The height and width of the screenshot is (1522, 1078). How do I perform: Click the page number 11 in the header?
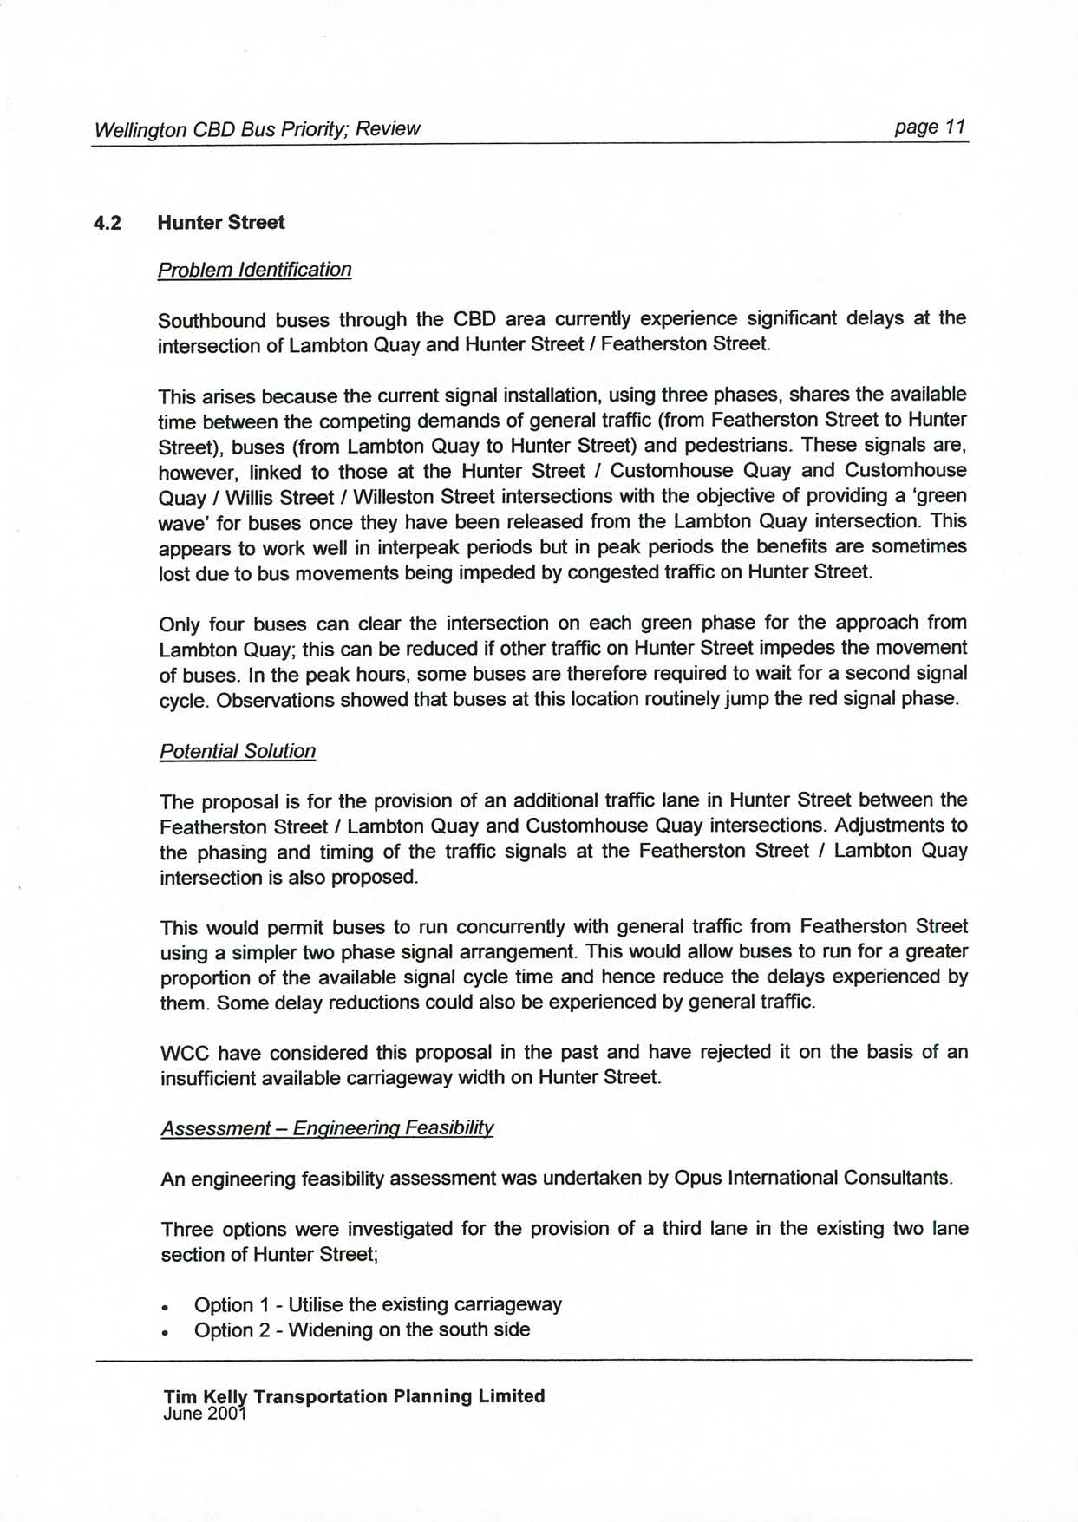pyautogui.click(x=955, y=127)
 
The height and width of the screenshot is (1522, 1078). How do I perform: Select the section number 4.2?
pyautogui.click(x=108, y=224)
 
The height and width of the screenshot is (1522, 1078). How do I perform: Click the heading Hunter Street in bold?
pyautogui.click(x=220, y=223)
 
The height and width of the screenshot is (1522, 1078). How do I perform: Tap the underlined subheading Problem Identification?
pyautogui.click(x=254, y=270)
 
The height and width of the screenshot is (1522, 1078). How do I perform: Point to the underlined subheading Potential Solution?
pyautogui.click(x=237, y=751)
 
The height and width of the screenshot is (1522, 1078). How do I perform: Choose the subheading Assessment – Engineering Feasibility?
pyautogui.click(x=327, y=1128)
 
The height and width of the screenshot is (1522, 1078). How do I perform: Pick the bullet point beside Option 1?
pyautogui.click(x=165, y=1307)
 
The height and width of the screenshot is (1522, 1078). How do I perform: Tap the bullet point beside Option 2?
pyautogui.click(x=165, y=1332)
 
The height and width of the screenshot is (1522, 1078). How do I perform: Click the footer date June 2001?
pyautogui.click(x=205, y=1414)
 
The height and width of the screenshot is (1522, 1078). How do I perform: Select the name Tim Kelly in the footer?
pyautogui.click(x=206, y=1396)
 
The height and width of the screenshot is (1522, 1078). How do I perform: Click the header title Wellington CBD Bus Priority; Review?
pyautogui.click(x=257, y=130)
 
